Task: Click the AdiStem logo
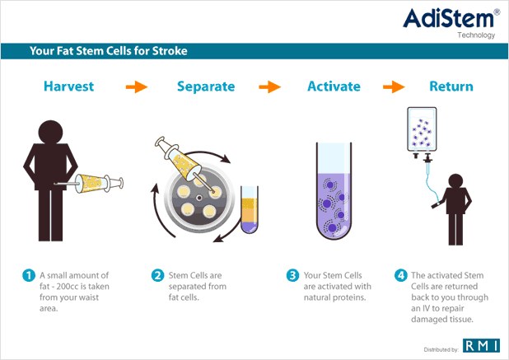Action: tap(451, 23)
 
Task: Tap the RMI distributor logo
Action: tap(481, 345)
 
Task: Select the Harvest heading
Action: tap(69, 86)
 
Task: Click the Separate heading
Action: tap(206, 86)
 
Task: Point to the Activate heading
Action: tap(334, 86)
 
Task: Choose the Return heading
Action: tap(451, 86)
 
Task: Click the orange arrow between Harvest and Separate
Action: tap(137, 86)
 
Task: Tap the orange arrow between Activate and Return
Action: tap(394, 86)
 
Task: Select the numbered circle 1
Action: tap(29, 275)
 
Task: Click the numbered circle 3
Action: tap(292, 275)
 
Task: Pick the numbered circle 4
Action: tap(400, 275)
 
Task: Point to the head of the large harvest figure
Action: tap(50, 132)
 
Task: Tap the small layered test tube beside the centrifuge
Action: tap(250, 209)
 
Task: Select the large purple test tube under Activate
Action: tap(334, 191)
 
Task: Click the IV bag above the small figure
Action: tap(422, 130)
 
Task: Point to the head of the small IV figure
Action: tap(455, 180)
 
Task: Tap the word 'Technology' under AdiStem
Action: tap(476, 35)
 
